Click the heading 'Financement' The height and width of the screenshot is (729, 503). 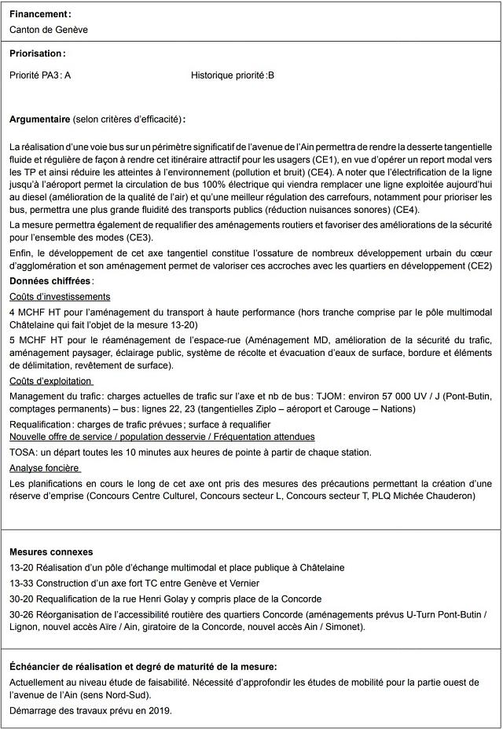[39, 14]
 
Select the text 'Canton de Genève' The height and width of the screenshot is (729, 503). [49, 30]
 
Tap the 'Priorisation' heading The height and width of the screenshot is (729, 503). [37, 53]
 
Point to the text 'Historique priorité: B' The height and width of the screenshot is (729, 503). [232, 75]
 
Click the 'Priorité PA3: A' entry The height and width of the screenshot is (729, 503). [40, 75]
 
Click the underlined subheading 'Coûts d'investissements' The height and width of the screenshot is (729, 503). [60, 296]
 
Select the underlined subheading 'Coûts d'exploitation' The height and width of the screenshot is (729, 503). [53, 380]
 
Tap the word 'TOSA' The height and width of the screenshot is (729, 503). [24, 452]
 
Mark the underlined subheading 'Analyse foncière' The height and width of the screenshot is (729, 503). [46, 467]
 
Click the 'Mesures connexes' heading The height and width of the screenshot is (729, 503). [51, 552]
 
